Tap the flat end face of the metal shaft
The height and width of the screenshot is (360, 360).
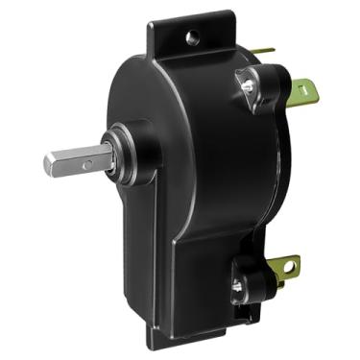(x=49, y=164)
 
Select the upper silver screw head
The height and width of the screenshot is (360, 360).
(x=249, y=85)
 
